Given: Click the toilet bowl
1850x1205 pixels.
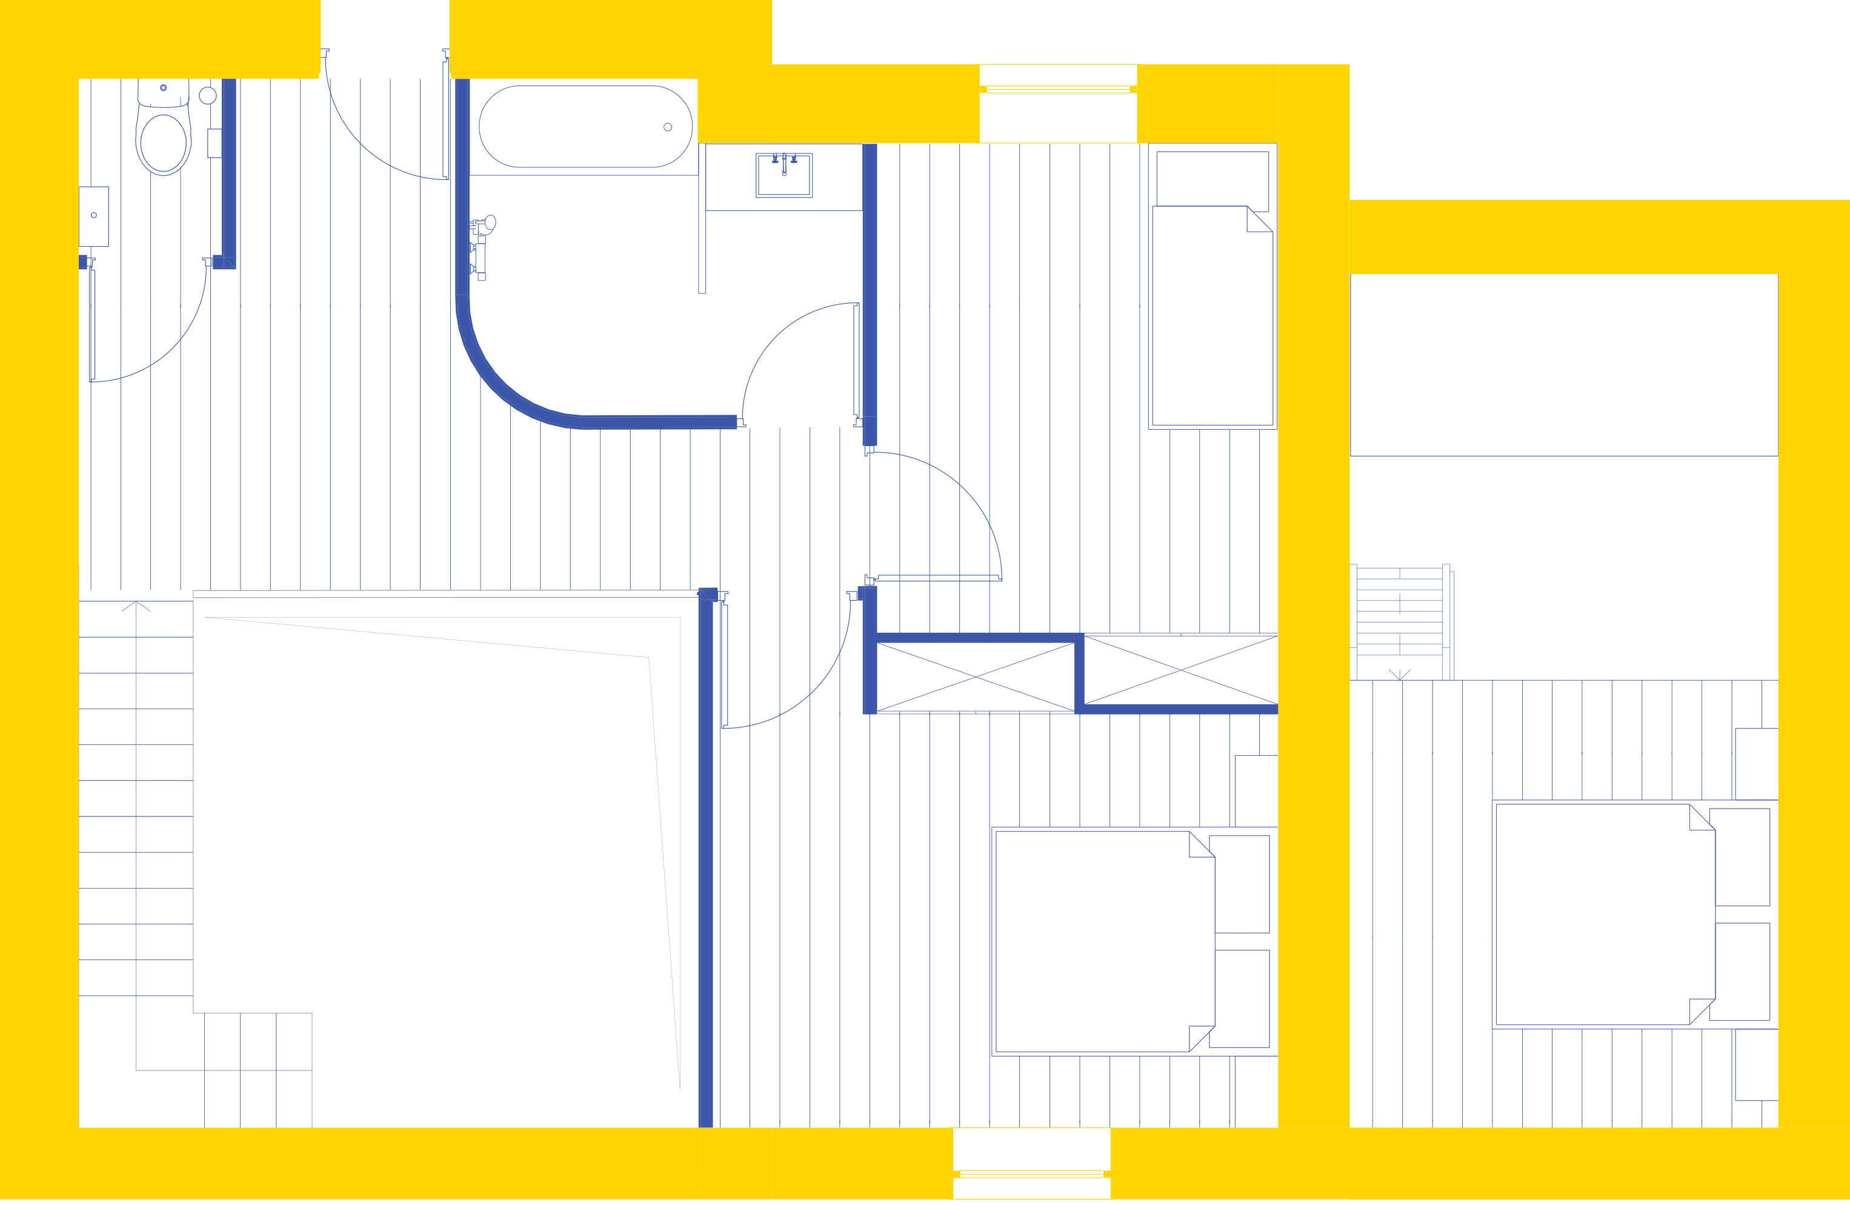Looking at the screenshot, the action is click(163, 143).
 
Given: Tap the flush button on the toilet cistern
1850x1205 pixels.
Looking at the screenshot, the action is click(163, 88).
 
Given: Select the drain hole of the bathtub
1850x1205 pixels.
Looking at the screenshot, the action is click(668, 127).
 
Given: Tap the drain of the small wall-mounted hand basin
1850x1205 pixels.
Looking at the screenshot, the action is click(94, 215).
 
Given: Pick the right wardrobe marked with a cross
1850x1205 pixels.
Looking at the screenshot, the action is click(1181, 670).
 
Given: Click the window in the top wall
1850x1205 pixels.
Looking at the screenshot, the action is click(1058, 89).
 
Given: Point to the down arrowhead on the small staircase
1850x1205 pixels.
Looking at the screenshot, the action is click(1400, 675).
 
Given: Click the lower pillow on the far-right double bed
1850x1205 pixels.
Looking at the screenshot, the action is click(1743, 972).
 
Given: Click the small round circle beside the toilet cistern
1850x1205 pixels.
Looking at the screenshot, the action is click(208, 96).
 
